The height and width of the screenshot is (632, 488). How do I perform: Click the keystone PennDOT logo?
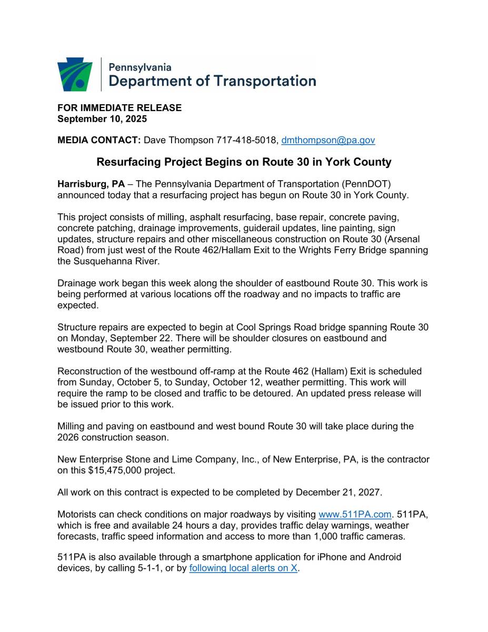pyautogui.click(x=75, y=74)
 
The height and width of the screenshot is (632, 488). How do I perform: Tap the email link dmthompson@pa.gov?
pyautogui.click(x=328, y=140)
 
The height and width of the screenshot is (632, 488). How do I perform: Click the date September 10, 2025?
pyautogui.click(x=102, y=118)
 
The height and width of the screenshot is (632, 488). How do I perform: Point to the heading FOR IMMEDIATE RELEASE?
pyautogui.click(x=119, y=107)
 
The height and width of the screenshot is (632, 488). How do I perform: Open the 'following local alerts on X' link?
pyautogui.click(x=243, y=568)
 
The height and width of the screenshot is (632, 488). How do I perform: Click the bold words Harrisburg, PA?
pyautogui.click(x=91, y=184)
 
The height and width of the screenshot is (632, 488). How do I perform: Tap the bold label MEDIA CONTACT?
pyautogui.click(x=99, y=140)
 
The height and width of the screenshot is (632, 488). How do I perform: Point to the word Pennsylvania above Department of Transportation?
pyautogui.click(x=140, y=67)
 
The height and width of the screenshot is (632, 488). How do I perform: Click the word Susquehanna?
pyautogui.click(x=103, y=261)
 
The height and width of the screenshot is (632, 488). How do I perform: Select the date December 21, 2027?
pyautogui.click(x=338, y=492)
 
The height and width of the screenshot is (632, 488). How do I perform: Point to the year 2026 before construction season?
pyautogui.click(x=68, y=437)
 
